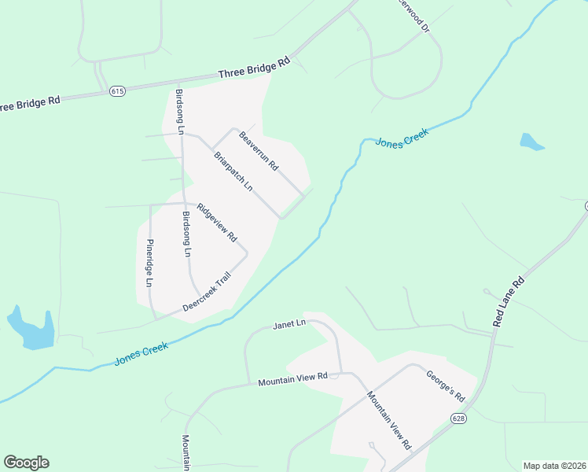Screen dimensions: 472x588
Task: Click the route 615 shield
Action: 117,91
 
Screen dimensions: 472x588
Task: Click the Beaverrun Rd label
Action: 259,151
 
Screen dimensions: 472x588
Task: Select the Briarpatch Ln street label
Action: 233,171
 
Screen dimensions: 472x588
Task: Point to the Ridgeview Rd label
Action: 217,222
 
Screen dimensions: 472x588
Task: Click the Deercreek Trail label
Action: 206,292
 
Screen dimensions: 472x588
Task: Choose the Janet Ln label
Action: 288,324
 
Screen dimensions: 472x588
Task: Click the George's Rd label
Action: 447,385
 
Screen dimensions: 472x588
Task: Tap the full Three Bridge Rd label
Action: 254,68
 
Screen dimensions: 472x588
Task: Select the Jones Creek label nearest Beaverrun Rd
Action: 401,141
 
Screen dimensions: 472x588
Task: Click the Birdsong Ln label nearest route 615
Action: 180,111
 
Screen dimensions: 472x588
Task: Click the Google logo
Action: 26,463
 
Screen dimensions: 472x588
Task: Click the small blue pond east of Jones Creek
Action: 531,142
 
